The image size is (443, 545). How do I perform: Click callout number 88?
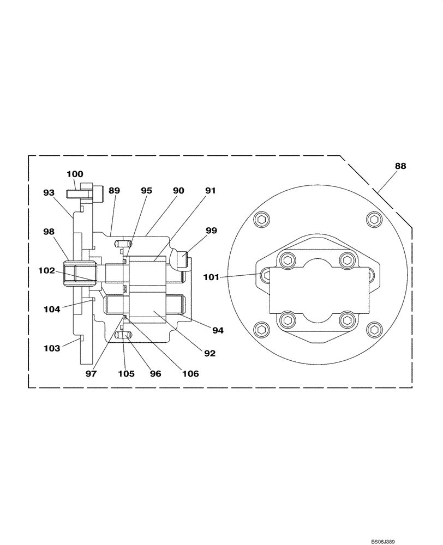[400, 167]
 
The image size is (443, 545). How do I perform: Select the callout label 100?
[75, 174]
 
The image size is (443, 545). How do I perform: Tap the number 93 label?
[49, 192]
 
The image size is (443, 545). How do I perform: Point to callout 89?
[114, 191]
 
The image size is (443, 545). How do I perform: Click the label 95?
[146, 191]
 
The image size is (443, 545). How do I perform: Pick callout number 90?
[178, 191]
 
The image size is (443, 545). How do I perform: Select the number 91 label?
[211, 191]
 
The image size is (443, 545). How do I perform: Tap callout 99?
[211, 231]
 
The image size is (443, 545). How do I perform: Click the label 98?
[49, 232]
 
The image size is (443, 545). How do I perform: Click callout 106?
[191, 374]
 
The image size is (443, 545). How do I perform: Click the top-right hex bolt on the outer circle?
[374, 220]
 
